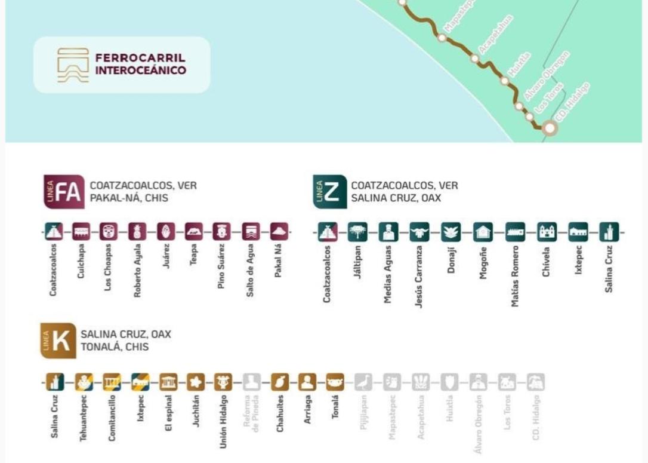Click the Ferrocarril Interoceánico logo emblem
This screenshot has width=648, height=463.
point(73,65)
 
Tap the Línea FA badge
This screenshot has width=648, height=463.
point(64,191)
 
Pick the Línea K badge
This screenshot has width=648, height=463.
point(58,341)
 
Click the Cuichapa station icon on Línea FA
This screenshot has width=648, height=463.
point(81,232)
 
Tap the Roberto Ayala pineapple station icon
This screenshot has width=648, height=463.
point(137,232)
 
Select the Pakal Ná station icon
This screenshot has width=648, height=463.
point(279,232)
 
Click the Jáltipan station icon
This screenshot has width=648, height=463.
point(357,232)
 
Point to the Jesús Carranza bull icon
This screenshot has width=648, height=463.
point(419,232)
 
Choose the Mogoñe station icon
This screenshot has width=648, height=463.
point(483,232)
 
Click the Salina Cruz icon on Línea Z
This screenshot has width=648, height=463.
point(609,232)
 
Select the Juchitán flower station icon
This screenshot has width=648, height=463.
point(196,382)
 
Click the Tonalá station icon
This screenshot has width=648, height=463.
point(335,382)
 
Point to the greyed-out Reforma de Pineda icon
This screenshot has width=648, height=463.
point(251,382)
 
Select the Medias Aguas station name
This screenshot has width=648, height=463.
point(388,274)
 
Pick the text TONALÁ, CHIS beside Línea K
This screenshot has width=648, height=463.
point(115,347)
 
